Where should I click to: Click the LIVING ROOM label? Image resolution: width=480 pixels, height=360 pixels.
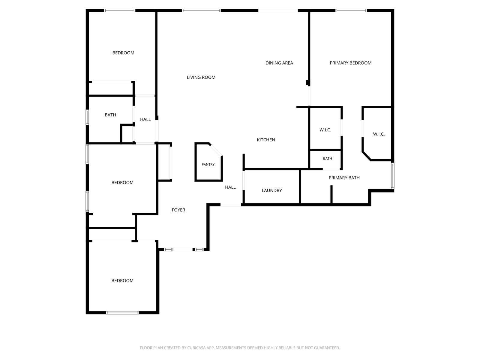(x=201, y=77)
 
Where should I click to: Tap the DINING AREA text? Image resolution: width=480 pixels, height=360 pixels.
(x=279, y=63)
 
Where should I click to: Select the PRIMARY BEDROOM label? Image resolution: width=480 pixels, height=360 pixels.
(x=350, y=63)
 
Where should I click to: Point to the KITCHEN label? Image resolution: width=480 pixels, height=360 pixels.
(x=266, y=140)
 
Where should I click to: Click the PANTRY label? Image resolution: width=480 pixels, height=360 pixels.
(x=208, y=164)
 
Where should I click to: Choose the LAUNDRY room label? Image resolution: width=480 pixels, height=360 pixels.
(x=271, y=190)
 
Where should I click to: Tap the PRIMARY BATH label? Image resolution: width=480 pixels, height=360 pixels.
(x=344, y=178)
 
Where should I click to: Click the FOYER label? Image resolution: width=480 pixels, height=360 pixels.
(x=178, y=210)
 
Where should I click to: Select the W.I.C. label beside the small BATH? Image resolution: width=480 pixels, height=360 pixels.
(x=325, y=130)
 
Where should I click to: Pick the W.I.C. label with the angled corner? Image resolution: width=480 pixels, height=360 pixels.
(x=379, y=134)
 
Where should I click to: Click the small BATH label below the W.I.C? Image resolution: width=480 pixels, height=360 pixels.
(x=327, y=158)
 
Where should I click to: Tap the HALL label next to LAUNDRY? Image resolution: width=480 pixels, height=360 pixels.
(x=230, y=187)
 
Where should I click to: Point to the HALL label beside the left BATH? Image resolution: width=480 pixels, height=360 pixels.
(x=145, y=119)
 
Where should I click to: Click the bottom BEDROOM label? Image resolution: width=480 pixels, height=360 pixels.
(x=122, y=280)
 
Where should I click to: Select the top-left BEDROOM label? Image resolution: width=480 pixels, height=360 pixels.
(x=123, y=53)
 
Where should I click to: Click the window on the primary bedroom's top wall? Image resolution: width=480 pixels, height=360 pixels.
(x=351, y=10)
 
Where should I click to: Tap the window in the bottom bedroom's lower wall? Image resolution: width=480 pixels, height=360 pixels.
(x=122, y=313)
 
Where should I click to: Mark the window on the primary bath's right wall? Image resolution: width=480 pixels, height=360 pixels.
(x=392, y=175)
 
